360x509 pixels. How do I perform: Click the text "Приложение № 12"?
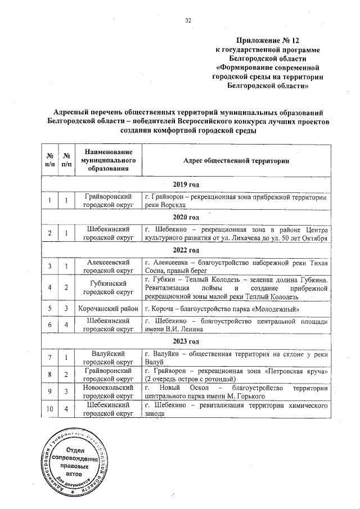(x=268, y=40)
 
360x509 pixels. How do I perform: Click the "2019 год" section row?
(x=186, y=184)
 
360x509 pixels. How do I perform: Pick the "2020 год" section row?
(x=186, y=217)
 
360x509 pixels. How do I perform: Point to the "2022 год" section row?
(x=186, y=250)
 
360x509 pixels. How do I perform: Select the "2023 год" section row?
(x=186, y=341)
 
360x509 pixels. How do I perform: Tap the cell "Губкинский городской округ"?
(x=109, y=287)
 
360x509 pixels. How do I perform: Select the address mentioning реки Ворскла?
(x=236, y=201)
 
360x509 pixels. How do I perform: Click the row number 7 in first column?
(x=50, y=358)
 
